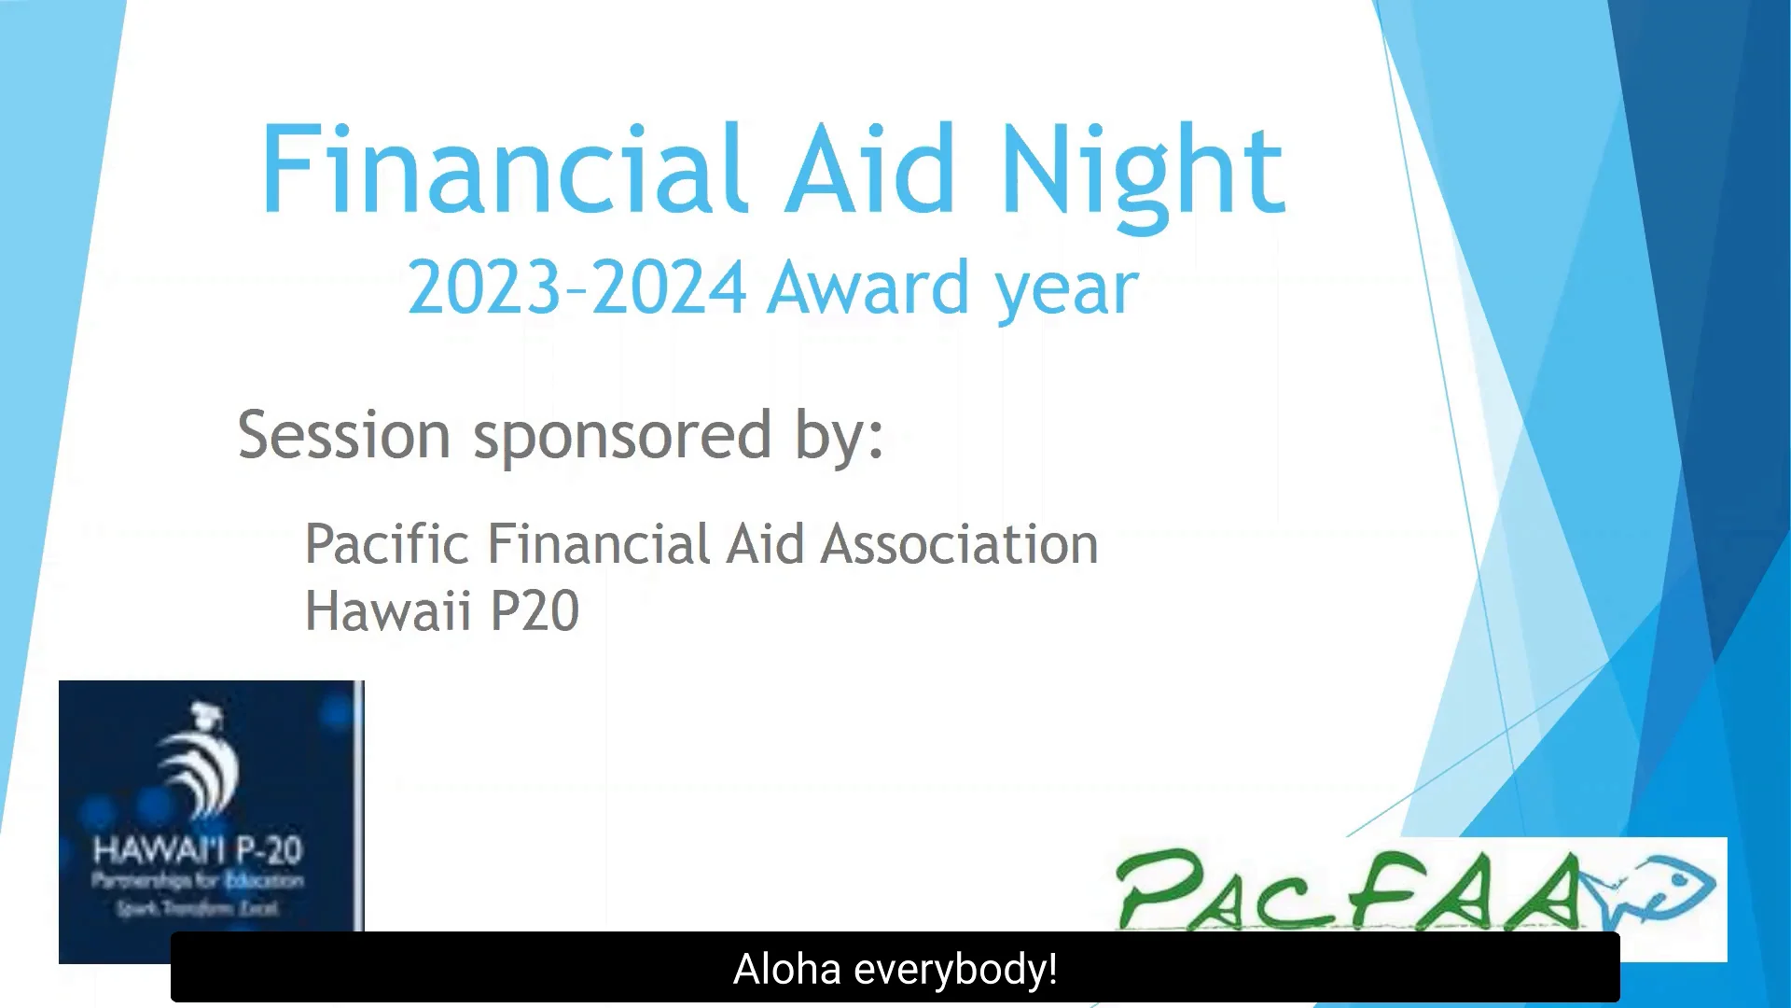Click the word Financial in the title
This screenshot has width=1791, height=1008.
click(504, 170)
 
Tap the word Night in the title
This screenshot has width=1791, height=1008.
click(1143, 173)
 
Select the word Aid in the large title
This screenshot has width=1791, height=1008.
click(869, 170)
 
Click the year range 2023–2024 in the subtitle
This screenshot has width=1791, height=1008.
click(576, 287)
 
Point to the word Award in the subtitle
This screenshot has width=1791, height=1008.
click(869, 287)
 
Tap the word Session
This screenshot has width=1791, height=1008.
click(344, 435)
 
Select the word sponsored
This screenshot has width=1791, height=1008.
click(622, 437)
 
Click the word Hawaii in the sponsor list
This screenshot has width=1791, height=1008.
click(388, 611)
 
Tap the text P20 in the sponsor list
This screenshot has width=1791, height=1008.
click(535, 611)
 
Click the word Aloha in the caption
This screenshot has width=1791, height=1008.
click(787, 969)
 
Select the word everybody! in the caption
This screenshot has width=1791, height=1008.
click(955, 969)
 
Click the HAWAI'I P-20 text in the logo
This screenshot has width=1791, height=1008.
click(198, 850)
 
